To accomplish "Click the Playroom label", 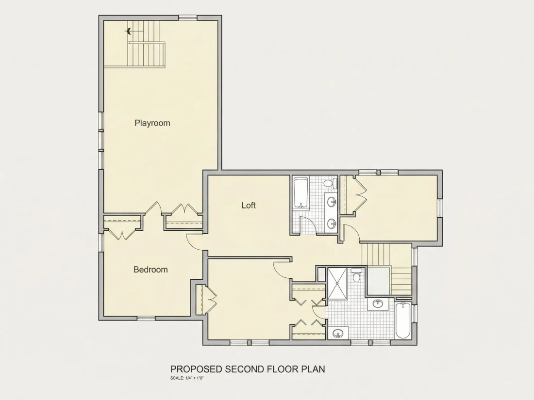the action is [x=152, y=123].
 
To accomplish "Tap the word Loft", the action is [x=249, y=205].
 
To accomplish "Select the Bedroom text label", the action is [x=150, y=270].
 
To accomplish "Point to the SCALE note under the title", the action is [x=187, y=378].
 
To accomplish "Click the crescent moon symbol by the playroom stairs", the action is [x=129, y=32].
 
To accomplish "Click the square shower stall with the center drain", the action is [x=337, y=283].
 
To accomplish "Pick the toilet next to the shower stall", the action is [x=357, y=276].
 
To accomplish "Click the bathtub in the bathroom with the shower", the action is [x=403, y=320].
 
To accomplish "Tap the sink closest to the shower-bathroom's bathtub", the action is [x=378, y=303].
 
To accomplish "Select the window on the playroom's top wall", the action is [x=188, y=17].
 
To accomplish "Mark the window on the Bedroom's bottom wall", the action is [x=146, y=319].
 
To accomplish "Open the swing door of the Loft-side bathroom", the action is [x=308, y=225].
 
